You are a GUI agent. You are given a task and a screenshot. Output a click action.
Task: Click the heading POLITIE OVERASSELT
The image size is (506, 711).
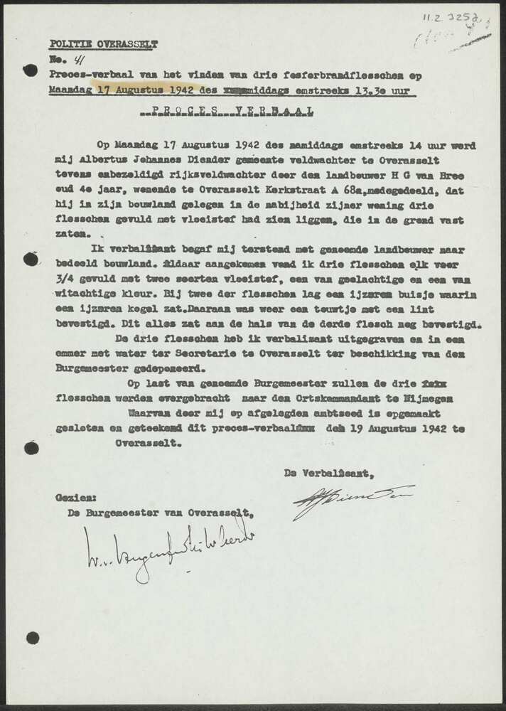pos(104,44)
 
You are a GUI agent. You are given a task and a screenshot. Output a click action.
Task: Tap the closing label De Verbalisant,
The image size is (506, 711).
pos(328,474)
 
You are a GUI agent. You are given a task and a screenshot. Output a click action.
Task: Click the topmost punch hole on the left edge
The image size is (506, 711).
pos(30,70)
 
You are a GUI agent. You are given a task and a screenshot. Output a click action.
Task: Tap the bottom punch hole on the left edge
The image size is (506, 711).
pos(33,638)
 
